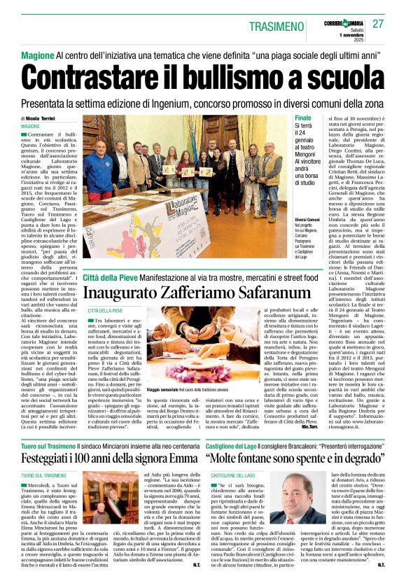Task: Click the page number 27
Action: (x=378, y=24)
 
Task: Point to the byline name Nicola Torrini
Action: (x=44, y=118)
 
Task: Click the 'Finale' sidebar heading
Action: (x=304, y=118)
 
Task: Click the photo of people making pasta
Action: (x=190, y=344)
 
